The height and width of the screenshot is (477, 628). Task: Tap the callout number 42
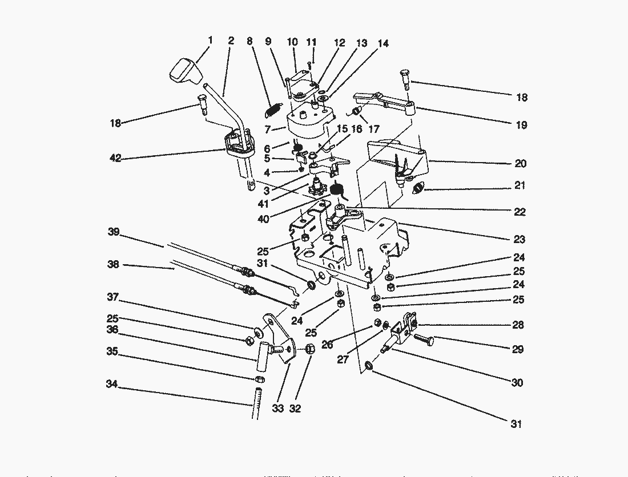point(116,159)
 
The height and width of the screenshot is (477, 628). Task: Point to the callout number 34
point(111,385)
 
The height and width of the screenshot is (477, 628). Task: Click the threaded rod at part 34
point(256,403)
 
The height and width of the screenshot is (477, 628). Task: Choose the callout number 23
point(519,240)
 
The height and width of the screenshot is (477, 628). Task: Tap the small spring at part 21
point(420,187)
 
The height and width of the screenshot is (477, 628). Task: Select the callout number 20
point(520,164)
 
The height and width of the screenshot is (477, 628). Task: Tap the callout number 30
point(517,383)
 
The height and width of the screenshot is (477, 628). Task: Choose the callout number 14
point(383,43)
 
